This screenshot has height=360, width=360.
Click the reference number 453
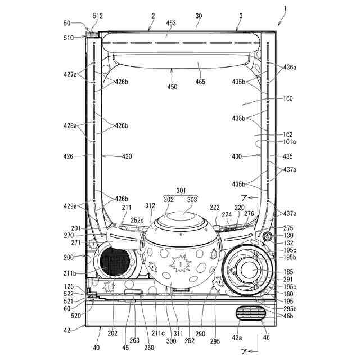pyautogui.click(x=171, y=23)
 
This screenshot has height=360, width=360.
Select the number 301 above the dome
pyautogui.click(x=181, y=191)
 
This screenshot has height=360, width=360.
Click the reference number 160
pyautogui.click(x=288, y=98)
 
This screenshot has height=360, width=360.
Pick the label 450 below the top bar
pyautogui.click(x=172, y=87)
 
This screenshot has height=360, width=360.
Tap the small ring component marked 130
pyautogui.click(x=267, y=236)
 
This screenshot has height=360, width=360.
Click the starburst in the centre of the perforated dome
pyautogui.click(x=179, y=262)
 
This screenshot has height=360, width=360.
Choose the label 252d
pyautogui.click(x=138, y=220)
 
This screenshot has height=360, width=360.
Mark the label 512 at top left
pyautogui.click(x=98, y=16)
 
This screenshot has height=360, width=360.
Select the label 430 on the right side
pyautogui.click(x=236, y=156)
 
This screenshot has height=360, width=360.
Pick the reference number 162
pyautogui.click(x=288, y=134)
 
